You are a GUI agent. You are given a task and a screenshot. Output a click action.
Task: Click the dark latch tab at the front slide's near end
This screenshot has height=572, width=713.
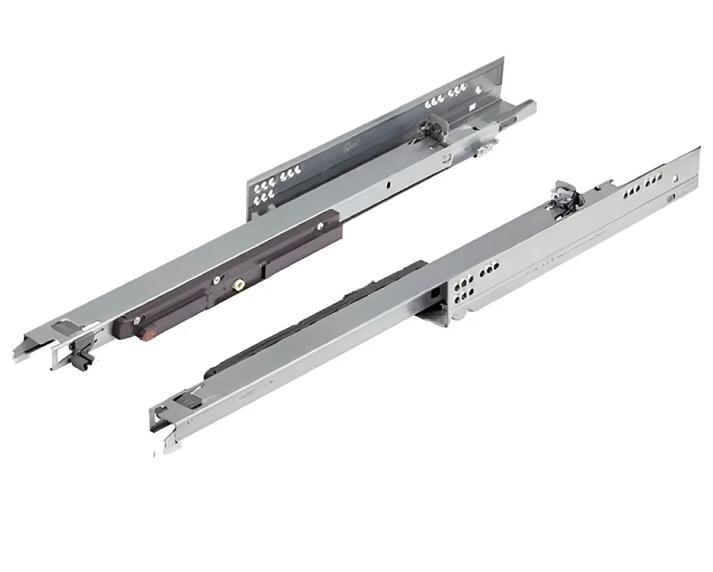click(193, 399)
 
